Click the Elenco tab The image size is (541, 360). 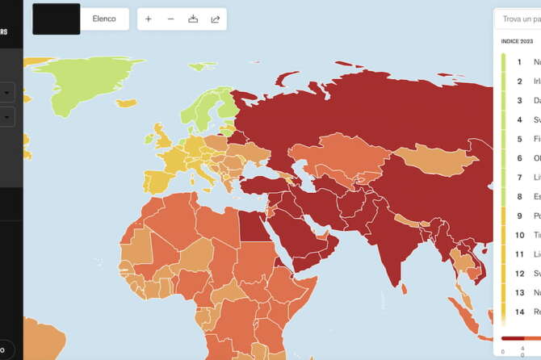(x=104, y=19)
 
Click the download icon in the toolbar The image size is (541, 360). (x=193, y=19)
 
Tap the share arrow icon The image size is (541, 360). (x=216, y=19)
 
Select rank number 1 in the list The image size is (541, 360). (x=520, y=61)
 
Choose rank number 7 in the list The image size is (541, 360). (x=520, y=177)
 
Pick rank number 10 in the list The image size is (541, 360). (x=520, y=235)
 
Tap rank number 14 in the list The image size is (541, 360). (x=520, y=312)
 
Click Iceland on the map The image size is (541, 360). (x=126, y=103)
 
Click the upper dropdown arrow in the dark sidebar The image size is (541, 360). (x=7, y=94)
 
